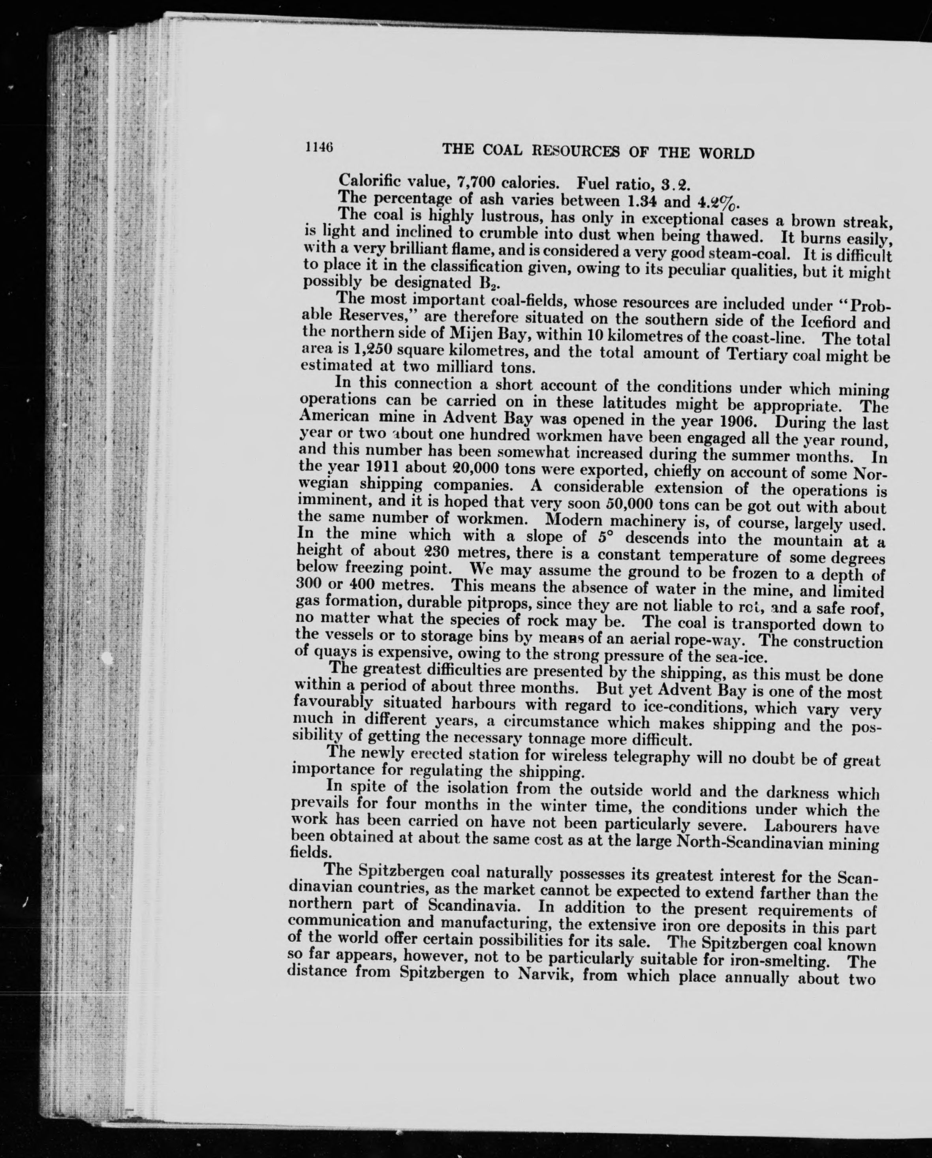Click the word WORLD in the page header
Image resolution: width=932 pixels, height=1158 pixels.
pos(726,154)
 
